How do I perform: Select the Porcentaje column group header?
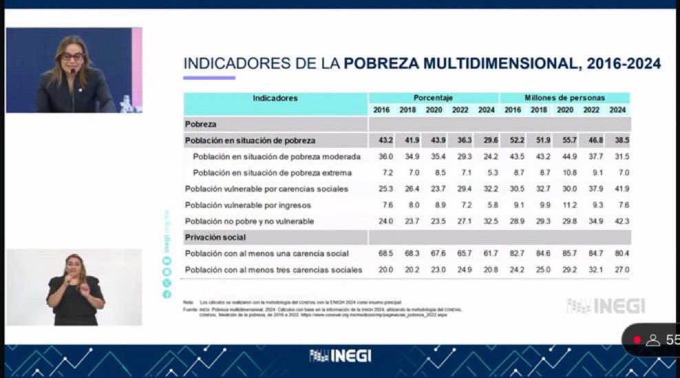click(433, 98)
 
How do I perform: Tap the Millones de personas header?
click(564, 98)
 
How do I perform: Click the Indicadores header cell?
click(275, 98)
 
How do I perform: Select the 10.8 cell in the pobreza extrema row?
click(564, 173)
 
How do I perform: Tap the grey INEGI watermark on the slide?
click(606, 306)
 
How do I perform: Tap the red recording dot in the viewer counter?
click(637, 339)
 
